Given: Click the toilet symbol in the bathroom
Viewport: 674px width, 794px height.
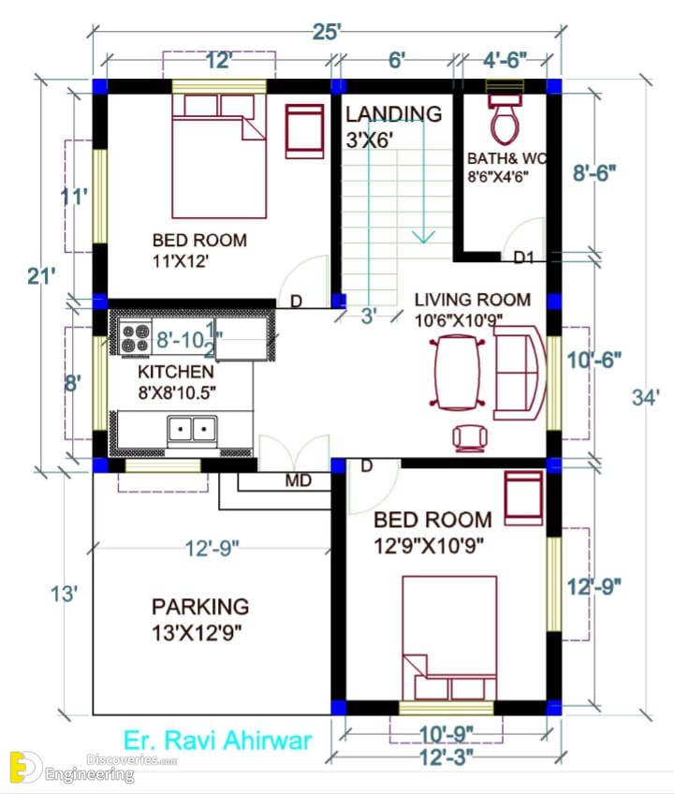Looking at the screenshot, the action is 505,119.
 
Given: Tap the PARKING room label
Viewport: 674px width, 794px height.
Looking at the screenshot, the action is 200,607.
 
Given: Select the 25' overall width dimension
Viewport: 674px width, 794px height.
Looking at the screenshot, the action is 326,33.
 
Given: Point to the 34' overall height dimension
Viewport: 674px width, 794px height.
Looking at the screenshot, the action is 646,398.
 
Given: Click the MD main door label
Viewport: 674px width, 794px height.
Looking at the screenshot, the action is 299,480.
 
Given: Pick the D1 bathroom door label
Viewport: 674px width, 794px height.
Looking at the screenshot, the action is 523,257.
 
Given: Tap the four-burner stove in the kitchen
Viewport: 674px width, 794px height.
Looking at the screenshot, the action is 135,337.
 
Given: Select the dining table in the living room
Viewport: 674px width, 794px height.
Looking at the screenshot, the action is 457,373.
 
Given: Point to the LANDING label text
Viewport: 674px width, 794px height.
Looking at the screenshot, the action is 393,114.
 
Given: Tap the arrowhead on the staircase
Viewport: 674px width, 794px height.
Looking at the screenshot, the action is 423,237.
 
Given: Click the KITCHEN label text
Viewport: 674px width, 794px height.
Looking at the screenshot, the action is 176,372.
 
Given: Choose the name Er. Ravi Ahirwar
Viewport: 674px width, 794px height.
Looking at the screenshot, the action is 218,741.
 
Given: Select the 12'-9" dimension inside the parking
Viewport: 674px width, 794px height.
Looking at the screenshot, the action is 212,548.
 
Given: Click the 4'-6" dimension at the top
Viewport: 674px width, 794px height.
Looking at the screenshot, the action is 505,60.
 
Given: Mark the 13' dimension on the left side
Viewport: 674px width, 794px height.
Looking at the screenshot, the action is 65,594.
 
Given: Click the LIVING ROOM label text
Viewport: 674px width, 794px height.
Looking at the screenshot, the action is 473,300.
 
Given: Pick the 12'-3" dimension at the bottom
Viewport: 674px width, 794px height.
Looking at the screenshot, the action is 447,757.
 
